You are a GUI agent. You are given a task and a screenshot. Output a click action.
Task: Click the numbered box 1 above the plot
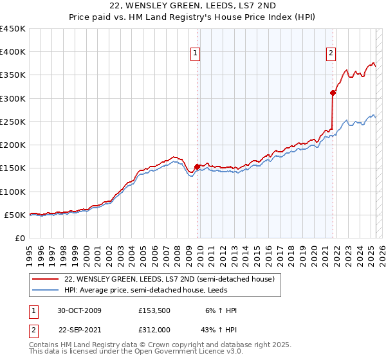195,54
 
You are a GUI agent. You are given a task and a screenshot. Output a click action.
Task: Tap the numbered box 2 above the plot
331,54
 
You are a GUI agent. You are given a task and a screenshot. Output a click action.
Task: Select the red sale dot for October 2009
197,166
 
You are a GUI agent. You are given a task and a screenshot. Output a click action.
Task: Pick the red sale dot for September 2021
333,93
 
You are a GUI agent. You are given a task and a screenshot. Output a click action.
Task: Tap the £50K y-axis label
15,215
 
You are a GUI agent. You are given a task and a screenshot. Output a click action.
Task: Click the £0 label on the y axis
21,238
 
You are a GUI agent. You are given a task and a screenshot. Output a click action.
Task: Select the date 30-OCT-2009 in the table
80,310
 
